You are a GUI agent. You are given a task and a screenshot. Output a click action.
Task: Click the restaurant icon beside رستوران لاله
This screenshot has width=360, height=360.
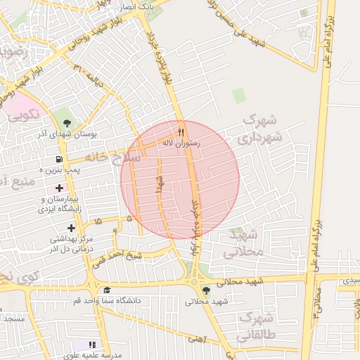[181, 132]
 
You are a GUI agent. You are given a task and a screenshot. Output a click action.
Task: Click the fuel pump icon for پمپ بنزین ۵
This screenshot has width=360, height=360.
[58, 159]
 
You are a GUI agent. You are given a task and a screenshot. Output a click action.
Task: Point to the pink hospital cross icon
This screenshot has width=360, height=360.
[58, 188]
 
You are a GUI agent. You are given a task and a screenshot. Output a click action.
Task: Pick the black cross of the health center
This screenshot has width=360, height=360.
[71, 228]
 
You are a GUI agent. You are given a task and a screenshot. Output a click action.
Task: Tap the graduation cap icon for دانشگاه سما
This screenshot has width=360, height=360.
[107, 290]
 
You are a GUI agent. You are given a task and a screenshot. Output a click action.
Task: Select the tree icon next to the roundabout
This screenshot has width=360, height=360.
[205, 290]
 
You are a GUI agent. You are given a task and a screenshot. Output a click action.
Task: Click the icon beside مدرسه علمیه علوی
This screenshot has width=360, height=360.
[92, 345]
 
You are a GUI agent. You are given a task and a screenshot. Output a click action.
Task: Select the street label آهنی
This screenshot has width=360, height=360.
[195, 338]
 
